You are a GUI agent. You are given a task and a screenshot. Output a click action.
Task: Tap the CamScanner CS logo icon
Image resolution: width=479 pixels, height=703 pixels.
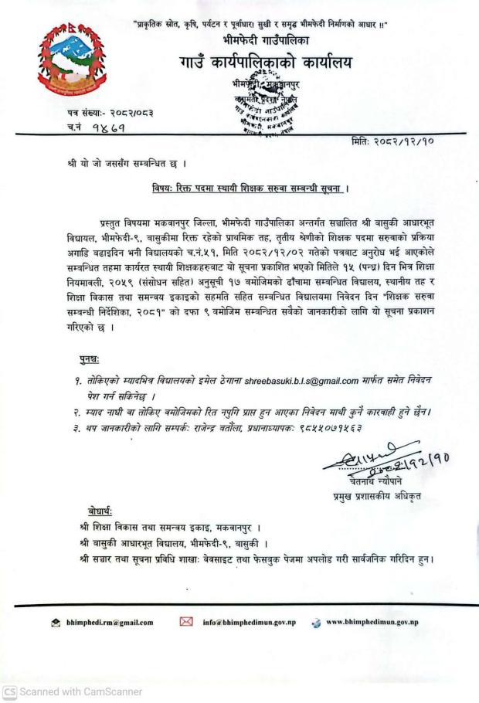tap(9, 692)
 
